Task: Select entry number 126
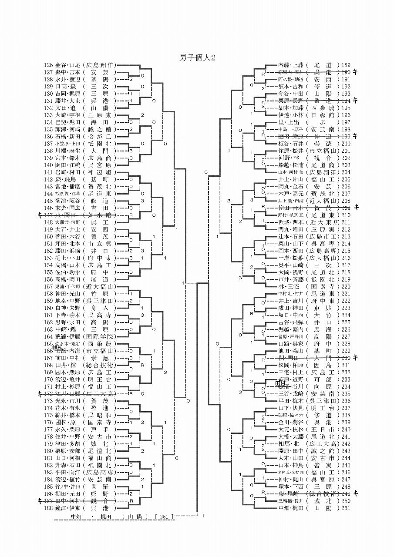(x=49, y=65)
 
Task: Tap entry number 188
(x=49, y=507)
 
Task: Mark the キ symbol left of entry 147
(x=40, y=215)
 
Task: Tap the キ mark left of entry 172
(x=40, y=393)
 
